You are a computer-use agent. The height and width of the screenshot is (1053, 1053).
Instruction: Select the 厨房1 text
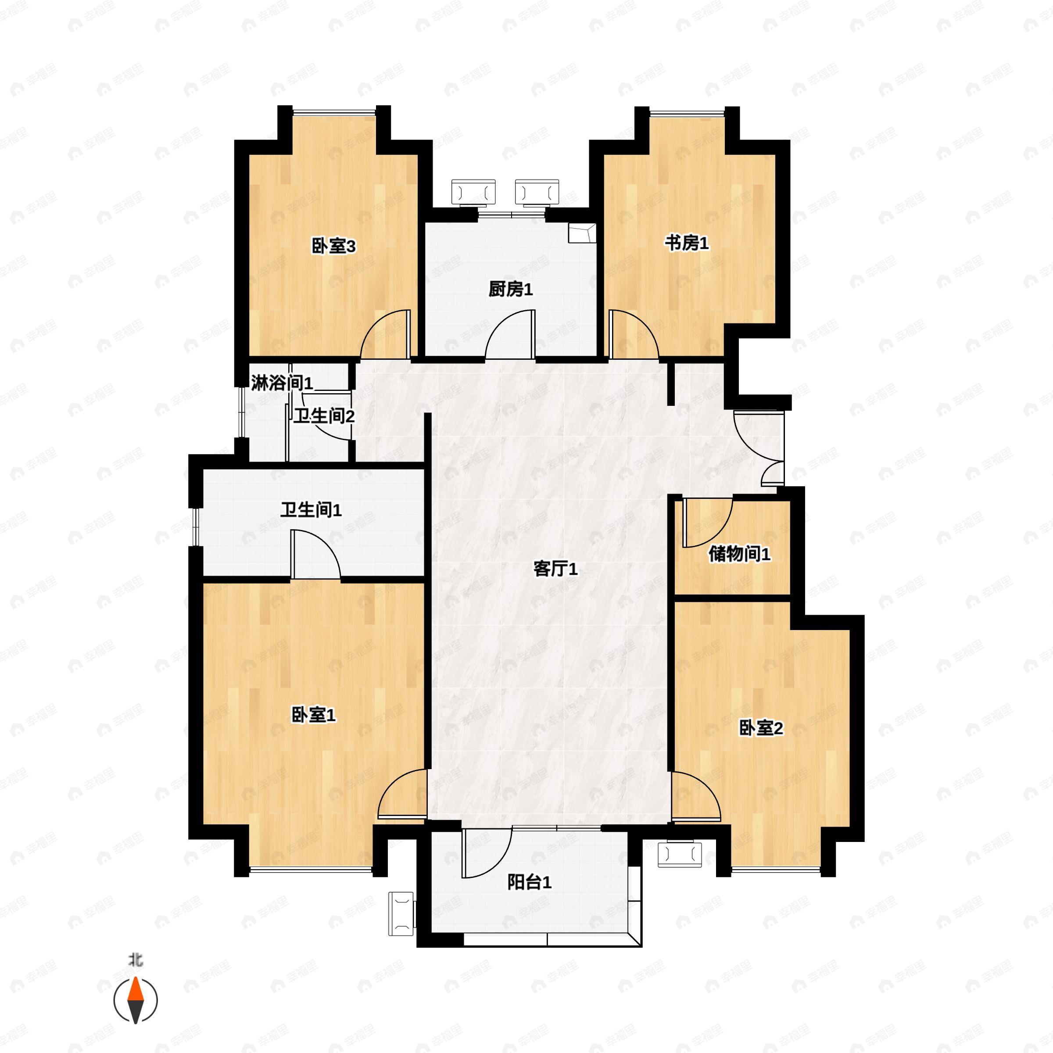[x=510, y=290]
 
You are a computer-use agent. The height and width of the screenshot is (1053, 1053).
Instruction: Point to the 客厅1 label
[x=555, y=569]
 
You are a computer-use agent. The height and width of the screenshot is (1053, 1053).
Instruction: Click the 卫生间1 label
[x=311, y=511]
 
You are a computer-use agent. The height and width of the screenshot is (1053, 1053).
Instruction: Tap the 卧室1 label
[x=313, y=715]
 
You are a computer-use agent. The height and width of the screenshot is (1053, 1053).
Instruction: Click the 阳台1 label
[x=529, y=882]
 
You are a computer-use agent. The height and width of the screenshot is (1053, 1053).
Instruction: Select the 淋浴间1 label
[x=282, y=383]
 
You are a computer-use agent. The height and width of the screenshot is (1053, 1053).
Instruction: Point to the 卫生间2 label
[x=324, y=416]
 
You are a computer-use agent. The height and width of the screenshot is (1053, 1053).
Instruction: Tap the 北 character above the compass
[x=135, y=960]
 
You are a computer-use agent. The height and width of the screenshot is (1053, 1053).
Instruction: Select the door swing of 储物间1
[x=709, y=523]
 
